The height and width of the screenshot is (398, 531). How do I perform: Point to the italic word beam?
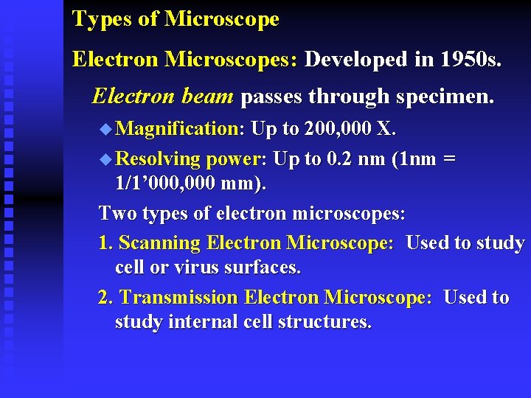point(210,97)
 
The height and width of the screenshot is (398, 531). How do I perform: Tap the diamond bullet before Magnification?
point(105,130)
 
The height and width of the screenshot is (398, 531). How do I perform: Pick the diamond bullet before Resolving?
point(105,159)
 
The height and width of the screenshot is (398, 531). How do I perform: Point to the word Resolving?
point(159,159)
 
